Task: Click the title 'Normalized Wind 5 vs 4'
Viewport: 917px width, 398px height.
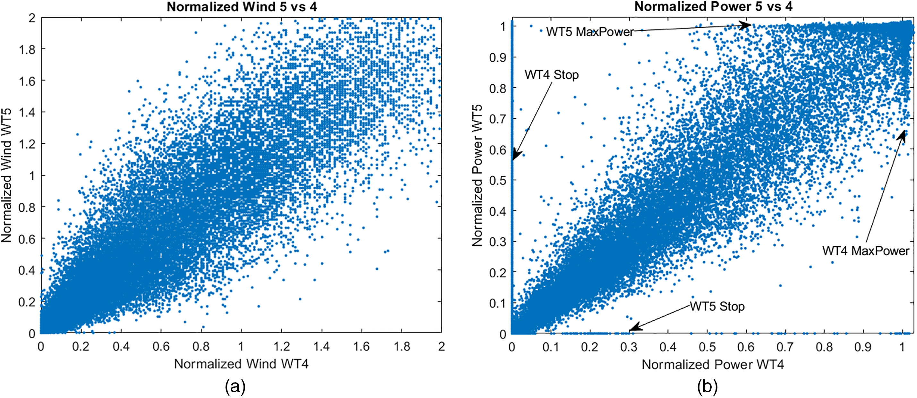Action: tap(242, 7)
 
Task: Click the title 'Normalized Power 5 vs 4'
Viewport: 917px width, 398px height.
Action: tap(713, 7)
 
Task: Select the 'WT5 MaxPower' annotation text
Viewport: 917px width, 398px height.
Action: tap(590, 32)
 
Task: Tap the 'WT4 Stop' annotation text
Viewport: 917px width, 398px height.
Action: tap(552, 75)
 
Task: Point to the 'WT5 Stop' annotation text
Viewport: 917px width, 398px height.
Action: tap(717, 307)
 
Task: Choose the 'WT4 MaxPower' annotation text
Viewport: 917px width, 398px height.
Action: tap(866, 251)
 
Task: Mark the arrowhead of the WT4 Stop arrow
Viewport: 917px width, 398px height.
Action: tap(515, 156)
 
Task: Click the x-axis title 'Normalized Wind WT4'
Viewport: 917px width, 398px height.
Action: tap(241, 364)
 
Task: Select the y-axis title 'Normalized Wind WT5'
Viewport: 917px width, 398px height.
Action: tap(7, 175)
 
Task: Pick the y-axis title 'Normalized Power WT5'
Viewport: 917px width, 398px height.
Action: tap(477, 175)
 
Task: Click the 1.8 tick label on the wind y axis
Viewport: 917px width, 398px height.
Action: tap(27, 49)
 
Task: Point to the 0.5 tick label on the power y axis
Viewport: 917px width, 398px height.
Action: tap(498, 180)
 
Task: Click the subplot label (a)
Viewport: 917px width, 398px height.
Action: tap(235, 387)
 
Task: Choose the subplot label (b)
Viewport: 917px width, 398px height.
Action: tap(707, 387)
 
